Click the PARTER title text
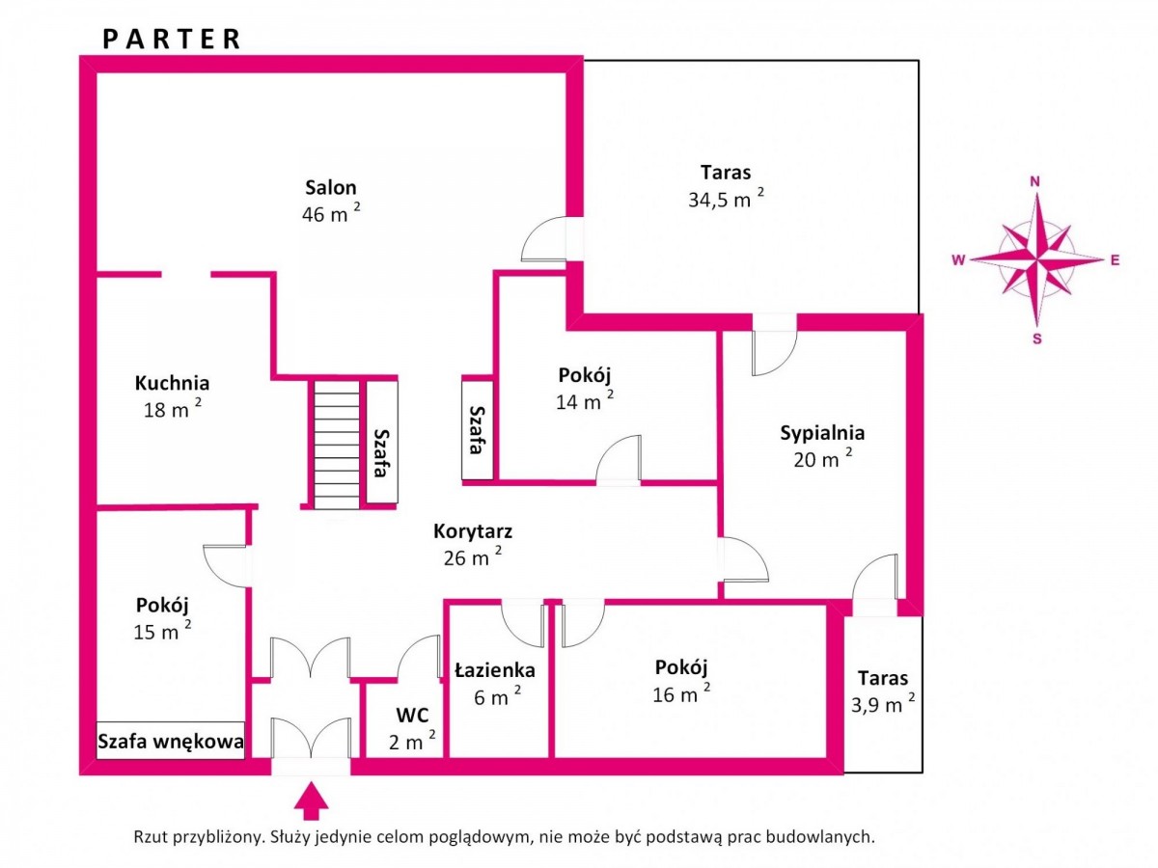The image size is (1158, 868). click(x=171, y=39)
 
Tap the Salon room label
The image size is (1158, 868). click(x=331, y=187)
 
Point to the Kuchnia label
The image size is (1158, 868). click(x=172, y=383)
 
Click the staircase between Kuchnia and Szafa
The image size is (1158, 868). click(x=337, y=445)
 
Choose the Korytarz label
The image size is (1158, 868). click(x=473, y=531)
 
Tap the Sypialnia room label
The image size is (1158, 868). click(x=822, y=433)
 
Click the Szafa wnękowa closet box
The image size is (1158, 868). click(x=171, y=741)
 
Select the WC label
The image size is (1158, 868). click(x=413, y=716)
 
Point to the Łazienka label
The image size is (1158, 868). click(x=495, y=670)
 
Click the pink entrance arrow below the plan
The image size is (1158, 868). click(x=312, y=801)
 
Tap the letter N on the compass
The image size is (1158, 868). click(x=1035, y=182)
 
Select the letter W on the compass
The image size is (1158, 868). click(x=958, y=259)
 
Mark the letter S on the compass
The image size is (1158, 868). click(x=1037, y=339)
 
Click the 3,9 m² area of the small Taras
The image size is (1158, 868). click(x=883, y=703)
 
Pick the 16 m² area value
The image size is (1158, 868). click(x=681, y=692)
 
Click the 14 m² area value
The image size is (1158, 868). click(x=585, y=400)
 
